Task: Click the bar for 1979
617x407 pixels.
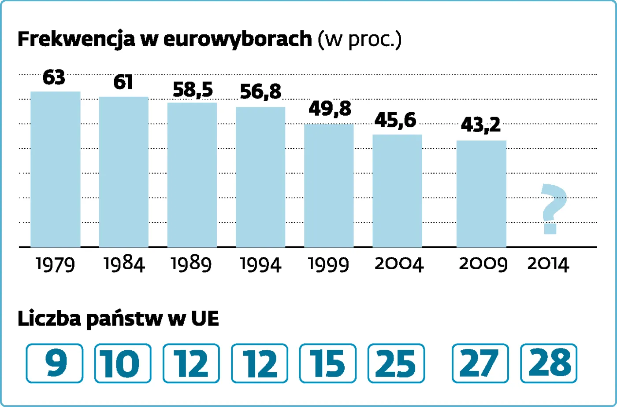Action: point(55,169)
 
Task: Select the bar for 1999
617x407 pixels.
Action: point(329,185)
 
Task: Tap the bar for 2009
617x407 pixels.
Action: point(481,194)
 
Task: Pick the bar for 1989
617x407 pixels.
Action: point(192,175)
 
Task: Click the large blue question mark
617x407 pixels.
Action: point(553,209)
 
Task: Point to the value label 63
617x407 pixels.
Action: point(54,78)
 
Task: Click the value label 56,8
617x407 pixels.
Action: point(260,92)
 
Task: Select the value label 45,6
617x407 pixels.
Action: point(395,120)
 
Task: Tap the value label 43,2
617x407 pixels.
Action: point(480,125)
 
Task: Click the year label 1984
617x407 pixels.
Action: point(124,264)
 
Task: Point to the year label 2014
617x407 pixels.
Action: point(548,264)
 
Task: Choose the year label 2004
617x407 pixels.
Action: point(399,264)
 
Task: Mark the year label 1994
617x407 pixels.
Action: point(260,264)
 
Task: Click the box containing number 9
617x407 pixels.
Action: point(55,363)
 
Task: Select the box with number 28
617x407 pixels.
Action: point(549,363)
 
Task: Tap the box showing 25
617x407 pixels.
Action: point(396,363)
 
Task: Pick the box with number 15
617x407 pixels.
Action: point(327,363)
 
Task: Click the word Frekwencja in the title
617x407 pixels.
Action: point(76,39)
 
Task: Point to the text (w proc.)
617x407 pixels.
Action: point(360,40)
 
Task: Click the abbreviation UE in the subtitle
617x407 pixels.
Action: point(205,319)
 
